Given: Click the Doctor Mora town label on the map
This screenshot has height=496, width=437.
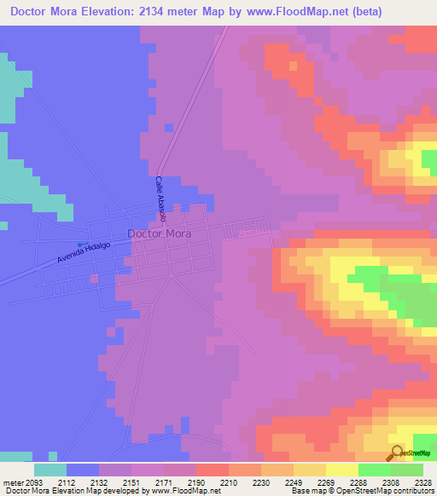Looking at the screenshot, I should pyautogui.click(x=159, y=233).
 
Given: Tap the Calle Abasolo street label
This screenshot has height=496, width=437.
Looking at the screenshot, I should pyautogui.click(x=160, y=200).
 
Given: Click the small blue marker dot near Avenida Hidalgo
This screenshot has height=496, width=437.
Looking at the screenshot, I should pyautogui.click(x=80, y=245).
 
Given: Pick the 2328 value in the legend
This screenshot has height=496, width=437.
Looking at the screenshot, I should pyautogui.click(x=424, y=481).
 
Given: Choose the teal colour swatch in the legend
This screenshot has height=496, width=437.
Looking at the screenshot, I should pyautogui.click(x=50, y=470).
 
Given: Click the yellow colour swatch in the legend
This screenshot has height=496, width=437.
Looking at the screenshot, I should pyautogui.click(x=342, y=470).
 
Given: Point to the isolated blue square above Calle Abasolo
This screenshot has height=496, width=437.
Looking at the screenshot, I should pyautogui.click(x=168, y=127).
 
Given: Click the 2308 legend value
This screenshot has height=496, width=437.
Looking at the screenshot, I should pyautogui.click(x=392, y=481).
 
